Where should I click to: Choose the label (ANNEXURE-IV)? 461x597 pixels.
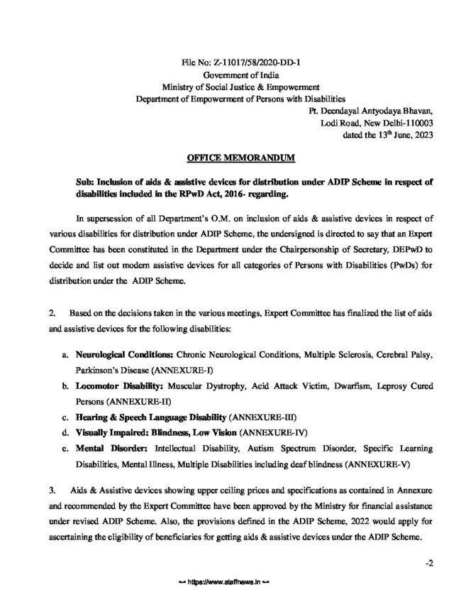pyautogui.click(x=274, y=432)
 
